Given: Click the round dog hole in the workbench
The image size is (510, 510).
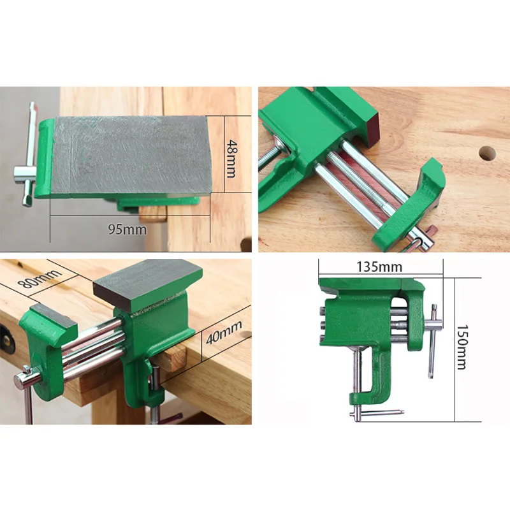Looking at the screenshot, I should (x=487, y=152).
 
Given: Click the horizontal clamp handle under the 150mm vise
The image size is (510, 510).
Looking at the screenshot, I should (x=376, y=412).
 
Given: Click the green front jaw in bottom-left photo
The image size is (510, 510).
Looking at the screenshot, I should (x=48, y=344).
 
